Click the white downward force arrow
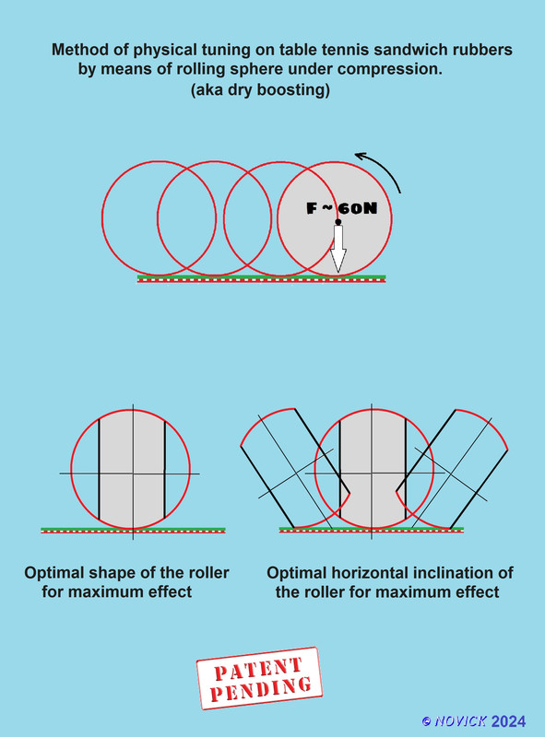[x=338, y=249]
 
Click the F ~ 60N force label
[x=342, y=208]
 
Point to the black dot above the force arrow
[x=338, y=222]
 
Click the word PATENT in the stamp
[x=258, y=669]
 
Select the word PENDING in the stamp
[x=261, y=688]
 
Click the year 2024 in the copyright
[x=508, y=721]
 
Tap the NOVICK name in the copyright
[x=460, y=721]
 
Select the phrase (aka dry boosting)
[x=260, y=89]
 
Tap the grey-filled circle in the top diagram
[x=335, y=218]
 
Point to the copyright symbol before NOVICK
[x=426, y=721]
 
